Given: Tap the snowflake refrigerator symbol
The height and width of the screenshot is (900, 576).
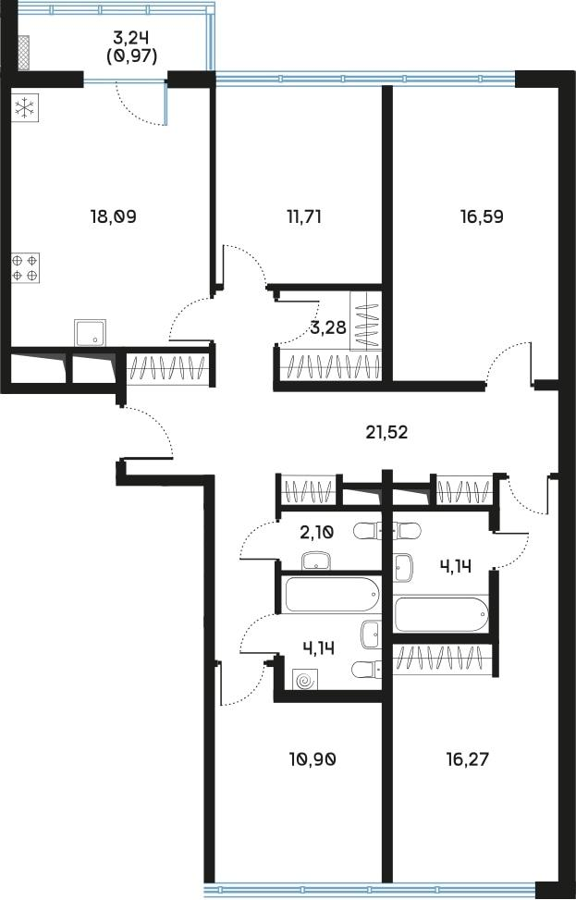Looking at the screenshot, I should click(x=24, y=108).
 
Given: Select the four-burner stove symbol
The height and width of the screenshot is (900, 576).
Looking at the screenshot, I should click(x=25, y=267).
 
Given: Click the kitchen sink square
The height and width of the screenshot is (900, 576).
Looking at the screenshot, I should click(x=90, y=333).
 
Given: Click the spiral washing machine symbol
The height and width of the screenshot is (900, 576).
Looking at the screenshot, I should click(x=304, y=681).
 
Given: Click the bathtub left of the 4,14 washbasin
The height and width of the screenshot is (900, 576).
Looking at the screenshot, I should click(x=331, y=593).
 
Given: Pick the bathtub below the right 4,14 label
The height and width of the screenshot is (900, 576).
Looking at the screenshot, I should click(x=440, y=613).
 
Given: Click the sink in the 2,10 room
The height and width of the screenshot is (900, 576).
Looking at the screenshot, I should click(x=317, y=559).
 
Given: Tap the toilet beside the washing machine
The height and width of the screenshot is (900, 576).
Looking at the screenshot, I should click(x=365, y=669).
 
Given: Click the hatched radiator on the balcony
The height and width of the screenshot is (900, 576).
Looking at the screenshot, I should click(x=24, y=53).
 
